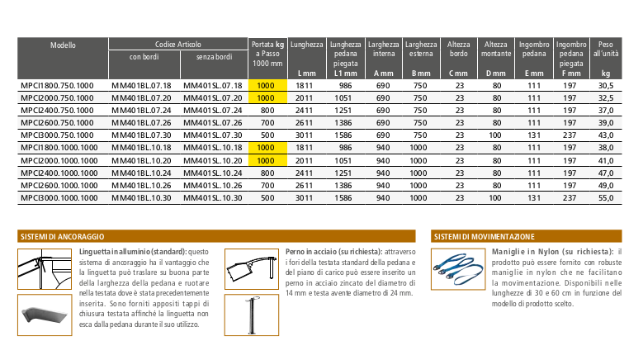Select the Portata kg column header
(x=267, y=53)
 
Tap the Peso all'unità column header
(x=607, y=48)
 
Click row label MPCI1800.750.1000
(x=57, y=86)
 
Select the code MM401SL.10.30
(x=212, y=199)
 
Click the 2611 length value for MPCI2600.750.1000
(x=305, y=122)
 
